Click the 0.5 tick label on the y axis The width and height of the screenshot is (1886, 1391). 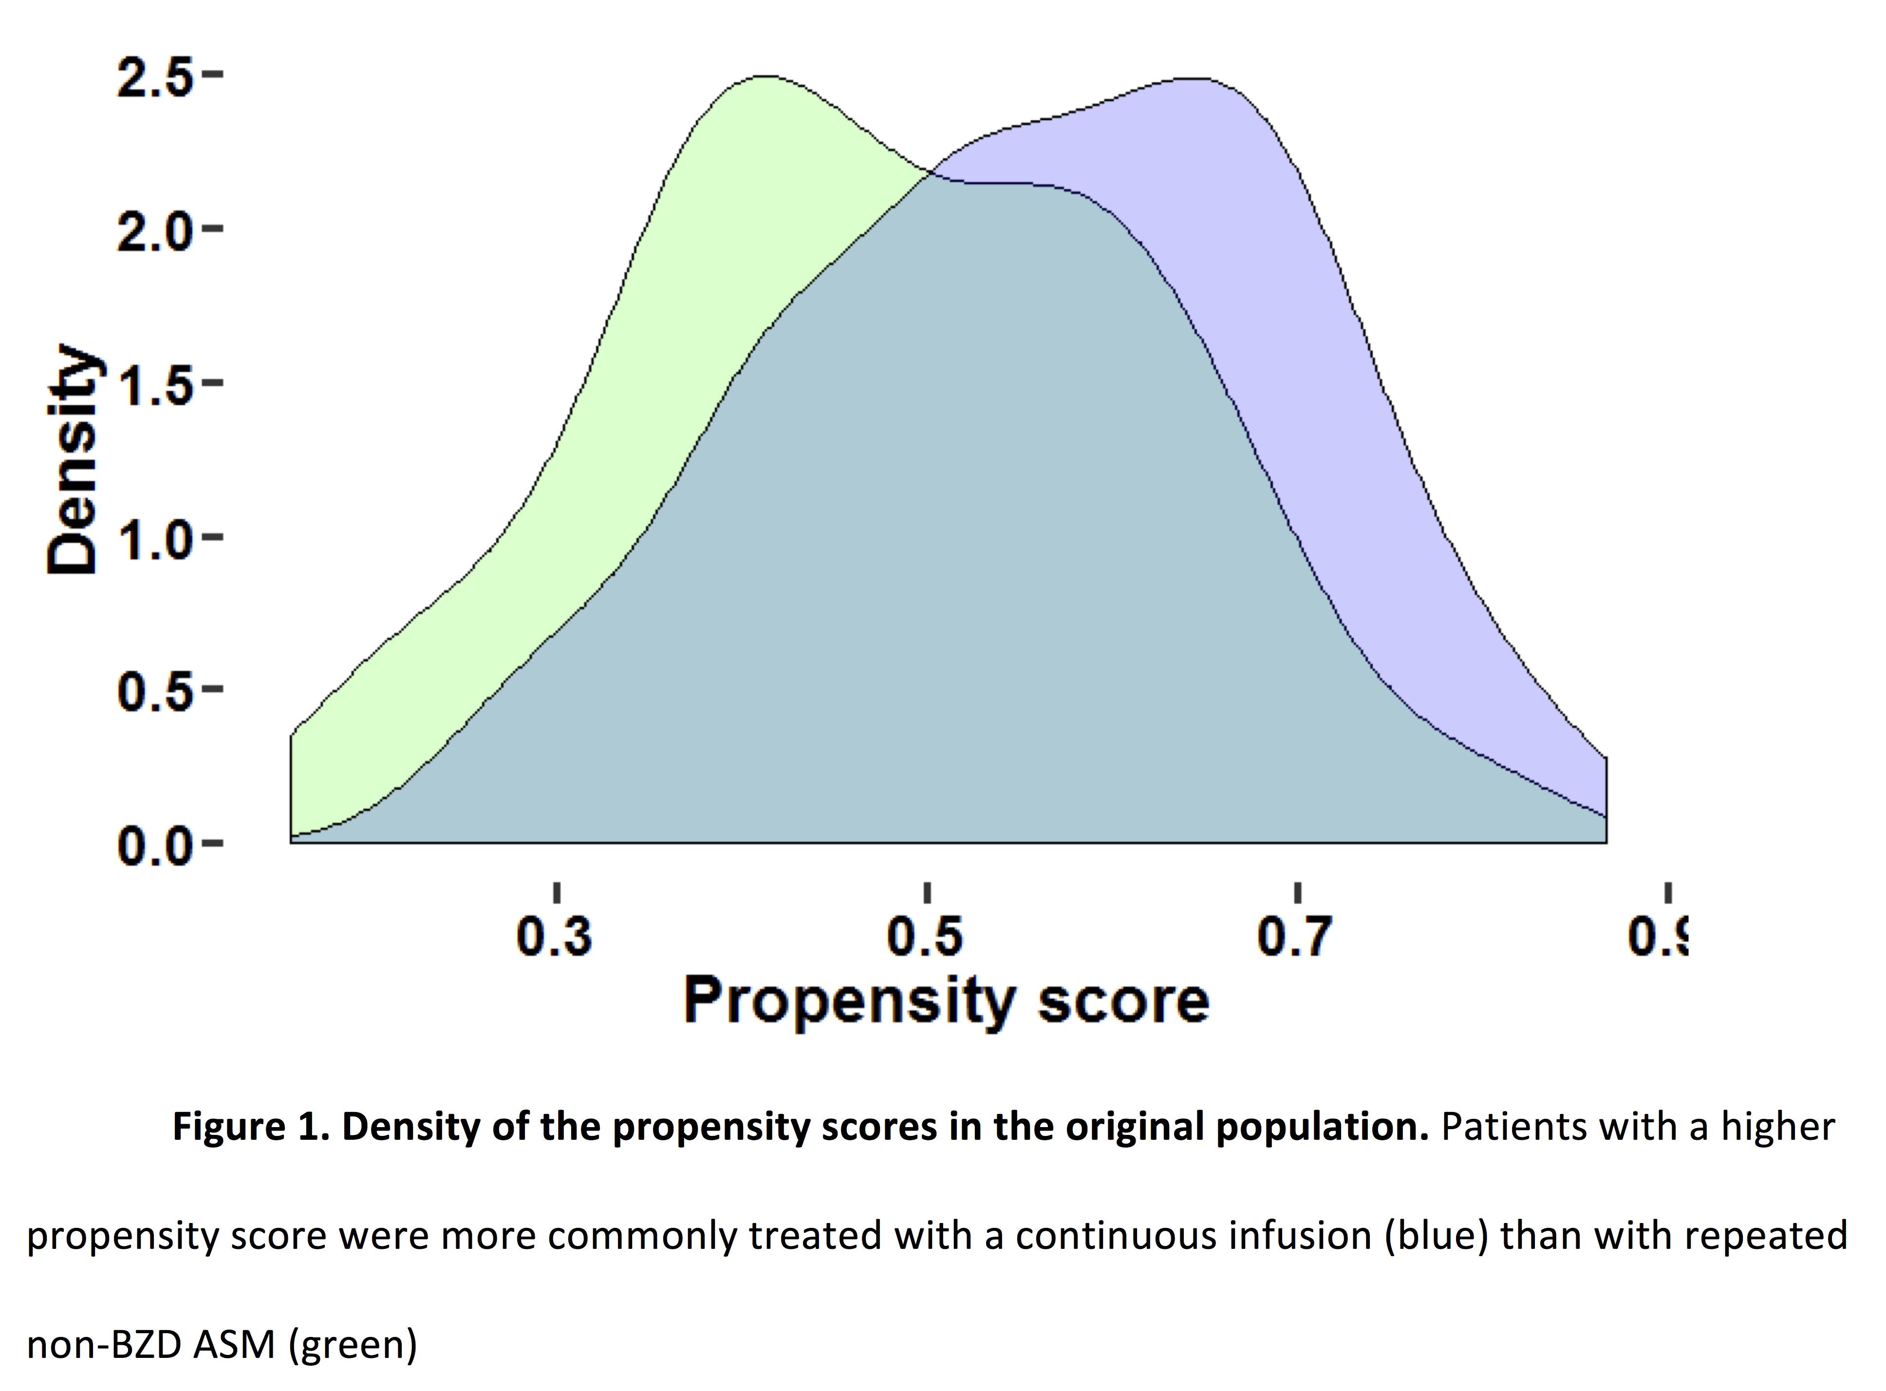pyautogui.click(x=156, y=693)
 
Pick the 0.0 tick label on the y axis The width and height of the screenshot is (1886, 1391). pyautogui.click(x=156, y=846)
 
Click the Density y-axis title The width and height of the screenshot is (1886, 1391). pyautogui.click(x=73, y=459)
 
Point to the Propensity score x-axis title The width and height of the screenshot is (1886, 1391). pyautogui.click(x=946, y=1001)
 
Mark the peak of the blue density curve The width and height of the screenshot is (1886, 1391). pyautogui.click(x=1195, y=79)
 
